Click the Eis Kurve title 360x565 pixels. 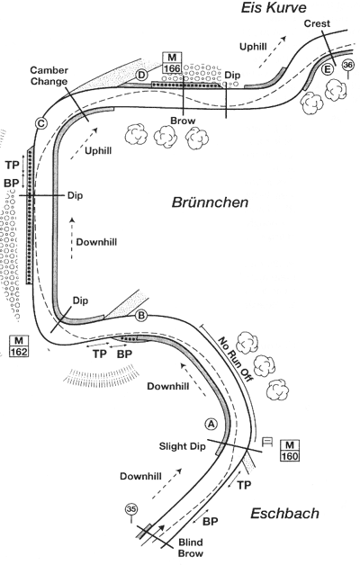pyautogui.click(x=274, y=7)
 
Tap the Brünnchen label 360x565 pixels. pyautogui.click(x=210, y=202)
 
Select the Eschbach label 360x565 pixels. pyautogui.click(x=284, y=514)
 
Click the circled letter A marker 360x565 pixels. pyautogui.click(x=211, y=424)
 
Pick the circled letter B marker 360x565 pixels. pyautogui.click(x=141, y=316)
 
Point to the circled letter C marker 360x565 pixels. pyautogui.click(x=41, y=123)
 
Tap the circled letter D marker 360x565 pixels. pyautogui.click(x=142, y=75)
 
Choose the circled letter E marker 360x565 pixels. pyautogui.click(x=328, y=68)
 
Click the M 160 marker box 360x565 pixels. pyautogui.click(x=290, y=451)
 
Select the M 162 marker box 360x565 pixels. pyautogui.click(x=19, y=345)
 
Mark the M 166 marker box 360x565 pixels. pyautogui.click(x=172, y=62)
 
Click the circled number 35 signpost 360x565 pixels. pyautogui.click(x=131, y=513)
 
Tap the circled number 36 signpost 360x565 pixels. pyautogui.click(x=347, y=68)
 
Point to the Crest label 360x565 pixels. pyautogui.click(x=317, y=23)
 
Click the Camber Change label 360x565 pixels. pyautogui.click(x=49, y=76)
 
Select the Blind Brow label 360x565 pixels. pyautogui.click(x=191, y=548)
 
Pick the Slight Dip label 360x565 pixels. pyautogui.click(x=183, y=446)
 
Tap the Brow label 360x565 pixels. pyautogui.click(x=183, y=121)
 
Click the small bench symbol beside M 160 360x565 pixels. pyautogui.click(x=267, y=442)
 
